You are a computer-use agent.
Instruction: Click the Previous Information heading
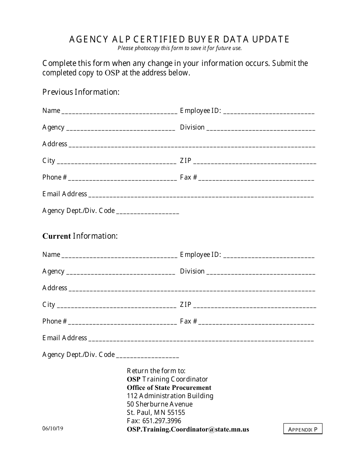(81, 92)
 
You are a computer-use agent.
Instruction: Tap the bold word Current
(56, 236)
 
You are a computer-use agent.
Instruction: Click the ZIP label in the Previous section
(186, 161)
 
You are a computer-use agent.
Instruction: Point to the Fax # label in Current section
(188, 321)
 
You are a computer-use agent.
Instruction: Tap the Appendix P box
(303, 429)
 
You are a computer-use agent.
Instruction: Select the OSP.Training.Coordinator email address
(188, 429)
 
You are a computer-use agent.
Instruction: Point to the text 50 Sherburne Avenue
(160, 404)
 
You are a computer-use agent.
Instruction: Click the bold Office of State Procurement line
(169, 388)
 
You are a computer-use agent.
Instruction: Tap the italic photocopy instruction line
(180, 48)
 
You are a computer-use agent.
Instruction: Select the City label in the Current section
(49, 305)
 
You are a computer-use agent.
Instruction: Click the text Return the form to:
(156, 371)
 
